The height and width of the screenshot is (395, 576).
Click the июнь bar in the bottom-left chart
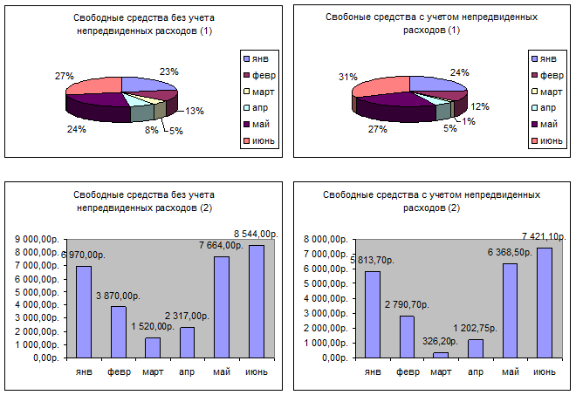(256, 301)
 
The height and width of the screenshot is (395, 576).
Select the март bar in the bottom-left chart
(152, 347)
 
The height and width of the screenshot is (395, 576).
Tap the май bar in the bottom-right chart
(509, 310)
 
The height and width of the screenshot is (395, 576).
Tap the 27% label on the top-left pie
(63, 77)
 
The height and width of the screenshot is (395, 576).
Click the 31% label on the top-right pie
(347, 78)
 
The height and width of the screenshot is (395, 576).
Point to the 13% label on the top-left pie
(195, 111)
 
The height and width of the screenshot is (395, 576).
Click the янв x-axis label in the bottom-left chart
(83, 372)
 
